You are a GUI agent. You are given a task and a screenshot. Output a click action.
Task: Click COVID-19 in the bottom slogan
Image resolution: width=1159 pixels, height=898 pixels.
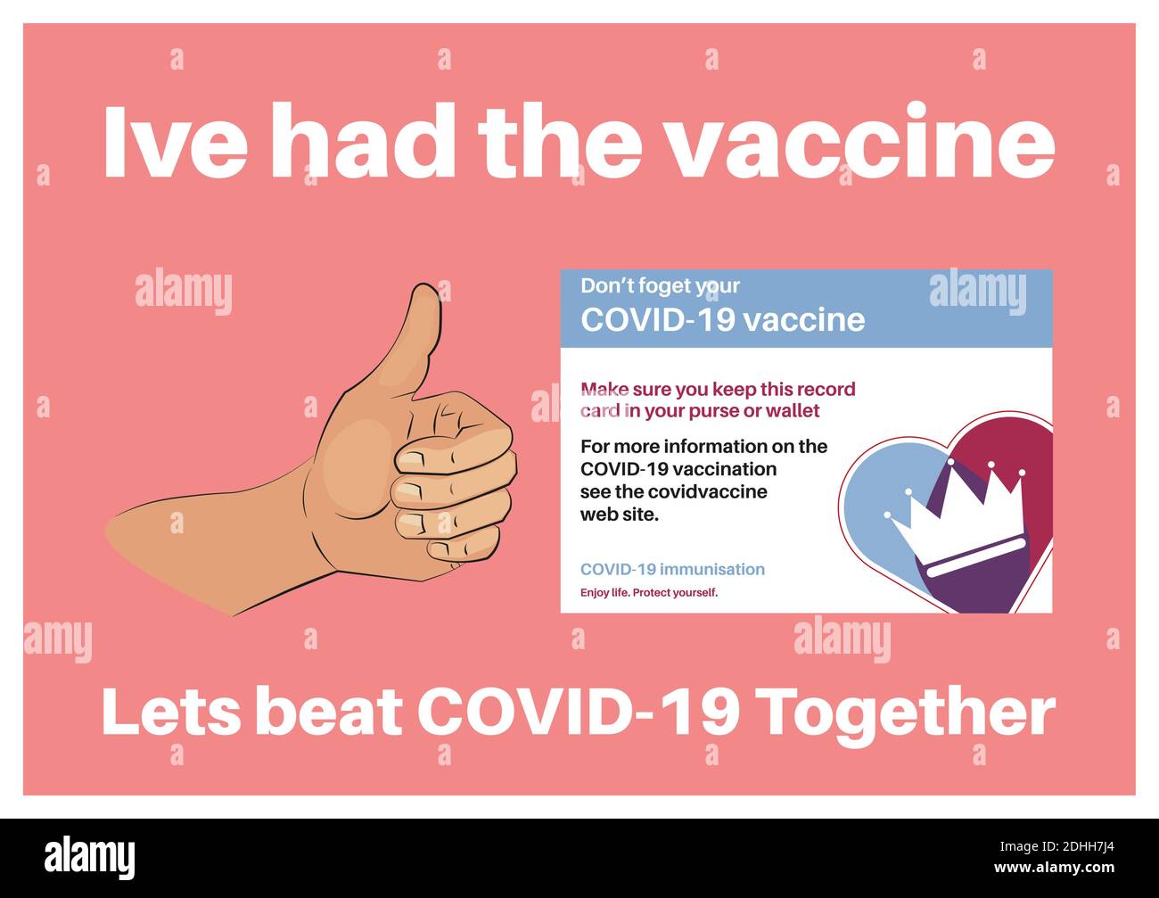point(579,712)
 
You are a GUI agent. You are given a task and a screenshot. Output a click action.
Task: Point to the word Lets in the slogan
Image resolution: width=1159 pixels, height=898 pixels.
point(171,713)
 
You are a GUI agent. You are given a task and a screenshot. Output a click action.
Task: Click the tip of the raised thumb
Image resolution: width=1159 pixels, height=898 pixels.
point(424,287)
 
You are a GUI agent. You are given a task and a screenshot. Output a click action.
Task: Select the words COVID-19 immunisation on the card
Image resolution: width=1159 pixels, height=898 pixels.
point(672,569)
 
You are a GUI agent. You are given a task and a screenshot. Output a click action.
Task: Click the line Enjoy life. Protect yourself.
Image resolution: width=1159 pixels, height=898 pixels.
point(648,592)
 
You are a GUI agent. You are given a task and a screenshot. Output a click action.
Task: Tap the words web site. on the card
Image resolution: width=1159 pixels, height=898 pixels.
point(620,515)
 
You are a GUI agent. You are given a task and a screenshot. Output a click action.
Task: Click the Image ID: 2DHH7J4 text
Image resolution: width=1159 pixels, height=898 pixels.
point(1056,846)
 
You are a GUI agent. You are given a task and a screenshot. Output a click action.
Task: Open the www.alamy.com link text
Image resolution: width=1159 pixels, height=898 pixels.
point(1054,867)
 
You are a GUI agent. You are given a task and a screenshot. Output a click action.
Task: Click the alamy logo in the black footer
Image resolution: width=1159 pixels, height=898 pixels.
point(89,858)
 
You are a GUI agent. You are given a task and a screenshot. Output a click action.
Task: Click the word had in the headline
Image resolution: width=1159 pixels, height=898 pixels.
point(363,140)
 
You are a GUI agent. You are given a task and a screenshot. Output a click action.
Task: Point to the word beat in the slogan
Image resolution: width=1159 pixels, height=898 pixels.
point(329,713)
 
